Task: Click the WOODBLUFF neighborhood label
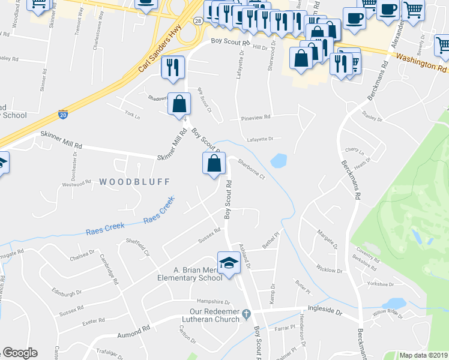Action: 135,181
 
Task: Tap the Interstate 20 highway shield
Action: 63,113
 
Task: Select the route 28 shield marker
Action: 197,38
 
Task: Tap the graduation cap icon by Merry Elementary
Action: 228,263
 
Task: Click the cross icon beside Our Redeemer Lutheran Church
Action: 246,314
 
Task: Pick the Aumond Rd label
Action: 133,330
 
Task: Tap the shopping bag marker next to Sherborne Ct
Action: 214,163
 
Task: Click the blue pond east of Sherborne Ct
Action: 279,161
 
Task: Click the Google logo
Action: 20,353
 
